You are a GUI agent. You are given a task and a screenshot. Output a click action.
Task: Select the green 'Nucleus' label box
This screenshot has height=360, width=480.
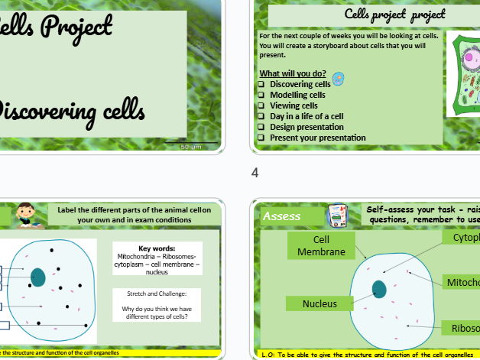pos(319,303)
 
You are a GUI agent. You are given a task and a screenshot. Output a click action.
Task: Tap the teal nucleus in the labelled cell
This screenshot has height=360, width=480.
pos(379,289)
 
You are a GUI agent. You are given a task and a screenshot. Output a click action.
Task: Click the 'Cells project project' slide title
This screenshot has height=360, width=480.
pos(395,14)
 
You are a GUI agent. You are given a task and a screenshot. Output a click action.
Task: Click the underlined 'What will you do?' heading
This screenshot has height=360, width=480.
pos(293,73)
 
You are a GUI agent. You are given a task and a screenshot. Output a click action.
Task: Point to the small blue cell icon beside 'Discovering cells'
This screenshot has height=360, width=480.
pos(339,79)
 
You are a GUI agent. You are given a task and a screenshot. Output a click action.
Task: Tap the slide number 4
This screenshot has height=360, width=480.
pos(255,174)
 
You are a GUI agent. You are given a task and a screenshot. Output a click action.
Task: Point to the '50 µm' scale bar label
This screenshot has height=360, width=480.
pos(190,146)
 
